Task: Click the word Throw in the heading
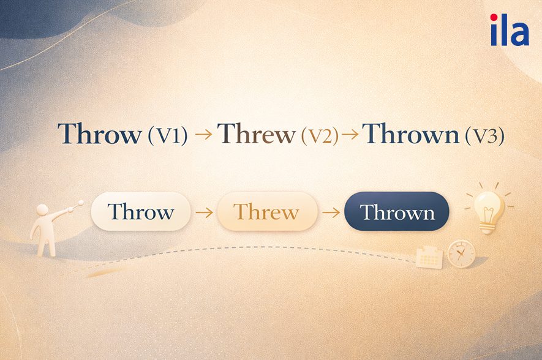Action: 99,134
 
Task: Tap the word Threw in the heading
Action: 256,134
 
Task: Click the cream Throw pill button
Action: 141,212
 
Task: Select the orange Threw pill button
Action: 266,212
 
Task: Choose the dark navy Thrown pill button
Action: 397,212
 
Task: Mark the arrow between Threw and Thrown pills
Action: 331,212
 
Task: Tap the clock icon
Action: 461,253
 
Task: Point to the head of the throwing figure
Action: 43,210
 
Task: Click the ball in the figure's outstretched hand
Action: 79,201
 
